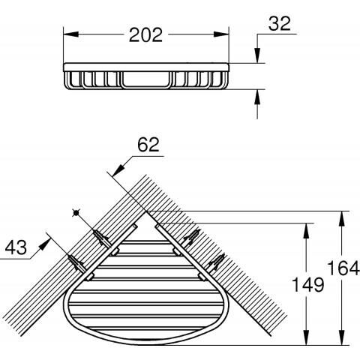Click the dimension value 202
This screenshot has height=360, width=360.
[145, 34]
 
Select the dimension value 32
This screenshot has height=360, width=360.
[280, 23]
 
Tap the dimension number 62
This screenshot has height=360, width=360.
[148, 145]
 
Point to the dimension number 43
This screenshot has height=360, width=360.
[16, 247]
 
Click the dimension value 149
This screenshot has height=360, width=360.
[308, 285]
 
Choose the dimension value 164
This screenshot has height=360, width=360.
[343, 268]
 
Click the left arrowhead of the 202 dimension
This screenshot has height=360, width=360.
[71, 34]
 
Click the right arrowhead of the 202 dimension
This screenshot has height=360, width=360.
[221, 34]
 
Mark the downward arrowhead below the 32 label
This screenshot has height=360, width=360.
[257, 55]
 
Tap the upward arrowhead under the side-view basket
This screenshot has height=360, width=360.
[257, 97]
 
